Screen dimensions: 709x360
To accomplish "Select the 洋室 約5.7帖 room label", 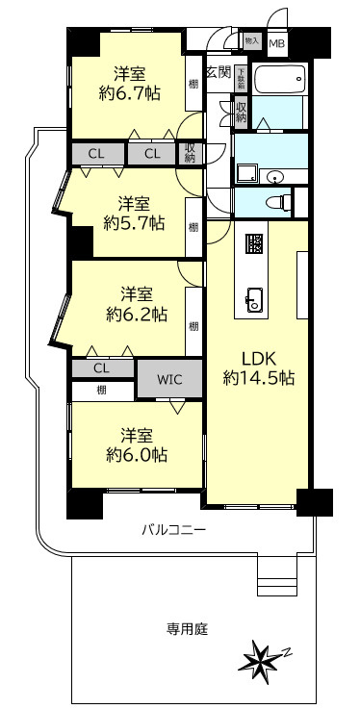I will coord(134,214).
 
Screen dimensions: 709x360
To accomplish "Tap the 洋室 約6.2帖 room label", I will coord(135,303).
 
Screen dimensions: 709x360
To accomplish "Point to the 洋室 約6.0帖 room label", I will coord(134,443).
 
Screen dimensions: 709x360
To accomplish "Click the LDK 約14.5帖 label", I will coord(258,367).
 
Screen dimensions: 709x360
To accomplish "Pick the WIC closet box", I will coord(168,378).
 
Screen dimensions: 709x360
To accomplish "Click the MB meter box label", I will coord(276,43).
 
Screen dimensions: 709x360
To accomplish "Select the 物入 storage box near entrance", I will coord(251,41).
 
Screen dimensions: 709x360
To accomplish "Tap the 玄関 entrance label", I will coord(218,72).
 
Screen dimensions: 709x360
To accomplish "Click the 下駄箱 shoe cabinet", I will coord(241,80).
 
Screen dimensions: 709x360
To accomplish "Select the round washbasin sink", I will coord(276,176).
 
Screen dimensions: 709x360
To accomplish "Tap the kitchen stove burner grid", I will coord(254,244).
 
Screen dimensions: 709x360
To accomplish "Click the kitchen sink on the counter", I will coord(254,298).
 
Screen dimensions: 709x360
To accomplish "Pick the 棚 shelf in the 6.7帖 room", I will coord(194,86).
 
